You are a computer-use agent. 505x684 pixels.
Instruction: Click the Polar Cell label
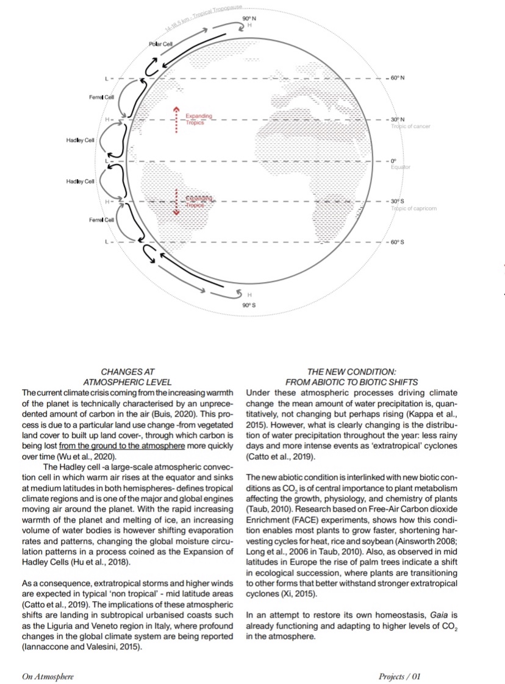tap(160, 46)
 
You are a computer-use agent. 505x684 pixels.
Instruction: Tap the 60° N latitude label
tap(397, 79)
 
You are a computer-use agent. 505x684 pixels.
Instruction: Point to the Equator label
tap(401, 166)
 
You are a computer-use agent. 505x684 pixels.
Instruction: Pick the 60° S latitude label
tap(397, 242)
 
